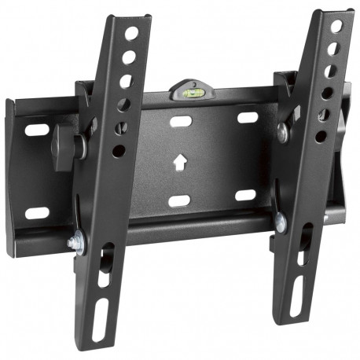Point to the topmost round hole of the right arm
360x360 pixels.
(x=337, y=28)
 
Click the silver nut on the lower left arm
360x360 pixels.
(x=75, y=243)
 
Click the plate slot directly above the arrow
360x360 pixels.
(x=181, y=122)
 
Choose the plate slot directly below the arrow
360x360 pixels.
(x=179, y=200)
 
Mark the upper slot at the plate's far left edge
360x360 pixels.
(x=36, y=128)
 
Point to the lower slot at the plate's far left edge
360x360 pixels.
(x=35, y=212)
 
